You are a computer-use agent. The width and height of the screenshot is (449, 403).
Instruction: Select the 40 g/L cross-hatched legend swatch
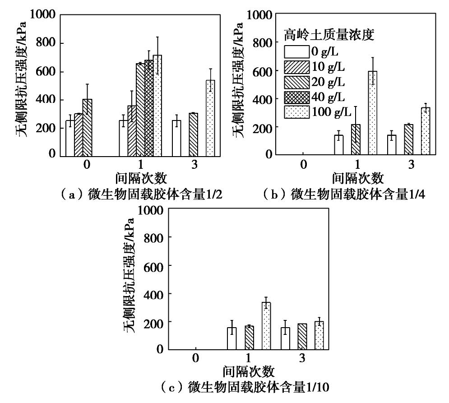point(296,97)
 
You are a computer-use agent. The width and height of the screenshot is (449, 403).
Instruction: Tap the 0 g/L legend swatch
point(296,51)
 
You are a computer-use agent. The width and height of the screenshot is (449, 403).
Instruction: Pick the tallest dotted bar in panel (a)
point(157,105)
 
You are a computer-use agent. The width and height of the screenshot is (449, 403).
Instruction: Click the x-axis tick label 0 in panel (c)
point(195,358)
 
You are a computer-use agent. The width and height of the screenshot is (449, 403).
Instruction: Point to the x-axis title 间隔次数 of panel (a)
point(139,178)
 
